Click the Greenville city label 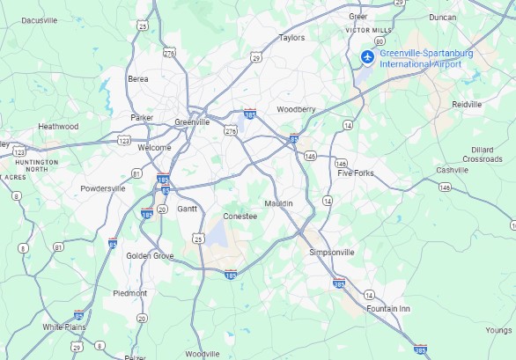(192, 122)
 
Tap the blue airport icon (367, 58)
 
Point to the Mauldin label (278, 204)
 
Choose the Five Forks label (356, 173)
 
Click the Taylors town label (291, 38)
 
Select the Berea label (138, 79)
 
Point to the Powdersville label (104, 188)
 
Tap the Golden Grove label (150, 256)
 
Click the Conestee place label (240, 216)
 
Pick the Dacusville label (39, 19)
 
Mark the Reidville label (467, 104)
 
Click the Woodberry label (296, 109)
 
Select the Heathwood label (58, 127)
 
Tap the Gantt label (188, 209)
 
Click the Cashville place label (453, 170)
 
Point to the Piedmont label (129, 293)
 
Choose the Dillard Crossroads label (482, 154)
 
